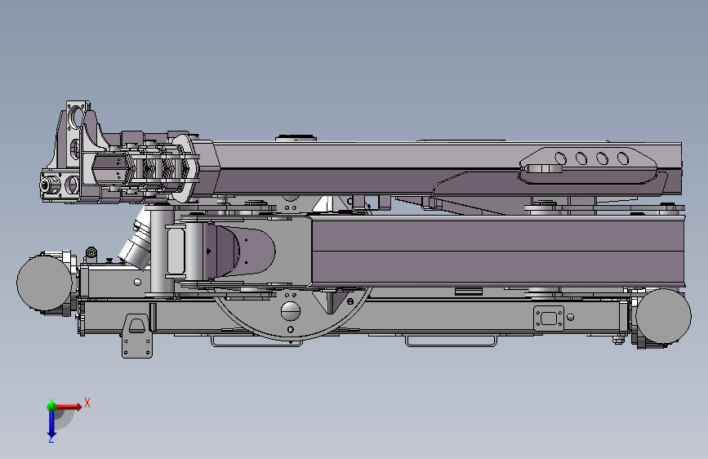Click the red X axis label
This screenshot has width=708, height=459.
pyautogui.click(x=87, y=403)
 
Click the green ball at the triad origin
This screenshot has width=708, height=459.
pyautogui.click(x=52, y=407)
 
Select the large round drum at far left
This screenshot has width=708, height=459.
pyautogui.click(x=44, y=283)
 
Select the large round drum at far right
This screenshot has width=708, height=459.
pyautogui.click(x=664, y=316)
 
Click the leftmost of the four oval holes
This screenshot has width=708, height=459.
pyautogui.click(x=560, y=158)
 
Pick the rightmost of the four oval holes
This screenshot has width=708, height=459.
pyautogui.click(x=623, y=158)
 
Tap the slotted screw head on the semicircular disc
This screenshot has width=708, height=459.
pyautogui.click(x=291, y=311)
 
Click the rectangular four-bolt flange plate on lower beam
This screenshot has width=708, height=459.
pyautogui.click(x=549, y=319)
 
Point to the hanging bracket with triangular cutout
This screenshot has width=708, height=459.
pyautogui.click(x=137, y=336)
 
